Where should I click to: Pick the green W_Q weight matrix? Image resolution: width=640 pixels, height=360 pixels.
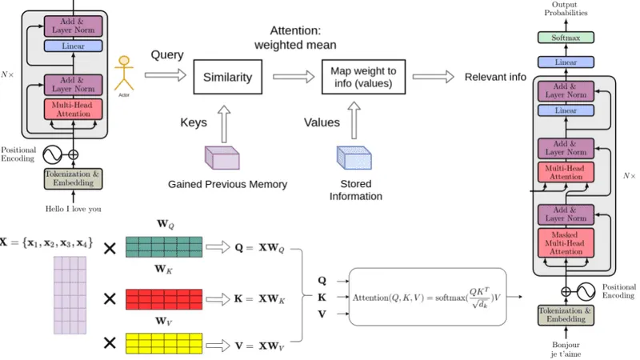pyautogui.click(x=166, y=246)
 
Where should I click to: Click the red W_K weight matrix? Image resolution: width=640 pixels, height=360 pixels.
pyautogui.click(x=166, y=298)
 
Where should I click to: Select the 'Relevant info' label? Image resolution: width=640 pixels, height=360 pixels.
pyautogui.click(x=495, y=78)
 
